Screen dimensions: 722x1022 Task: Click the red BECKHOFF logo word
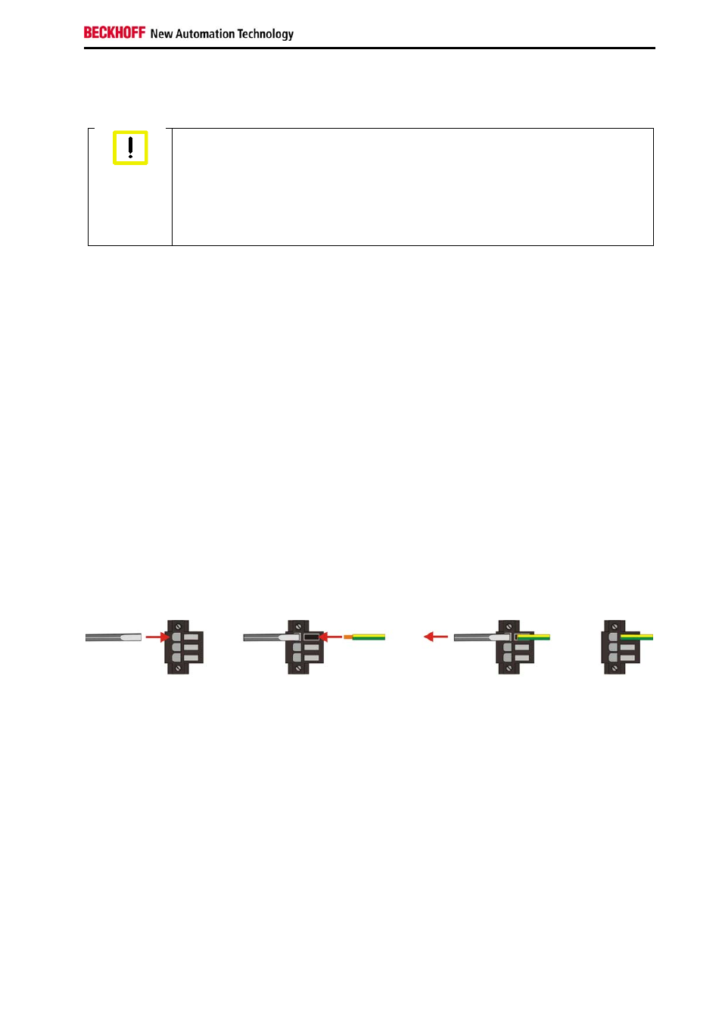point(114,33)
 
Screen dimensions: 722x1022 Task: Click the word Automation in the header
point(205,34)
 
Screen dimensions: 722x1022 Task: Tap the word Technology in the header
point(266,34)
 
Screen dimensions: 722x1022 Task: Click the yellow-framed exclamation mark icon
point(130,148)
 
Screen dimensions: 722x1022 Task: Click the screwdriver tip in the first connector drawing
point(130,637)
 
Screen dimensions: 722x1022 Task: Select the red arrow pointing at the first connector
point(157,637)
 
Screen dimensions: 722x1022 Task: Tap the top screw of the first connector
point(179,626)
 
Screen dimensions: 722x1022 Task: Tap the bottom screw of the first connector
point(179,668)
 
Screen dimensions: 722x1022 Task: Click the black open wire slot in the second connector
point(312,637)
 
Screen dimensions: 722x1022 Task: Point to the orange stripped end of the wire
point(348,637)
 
